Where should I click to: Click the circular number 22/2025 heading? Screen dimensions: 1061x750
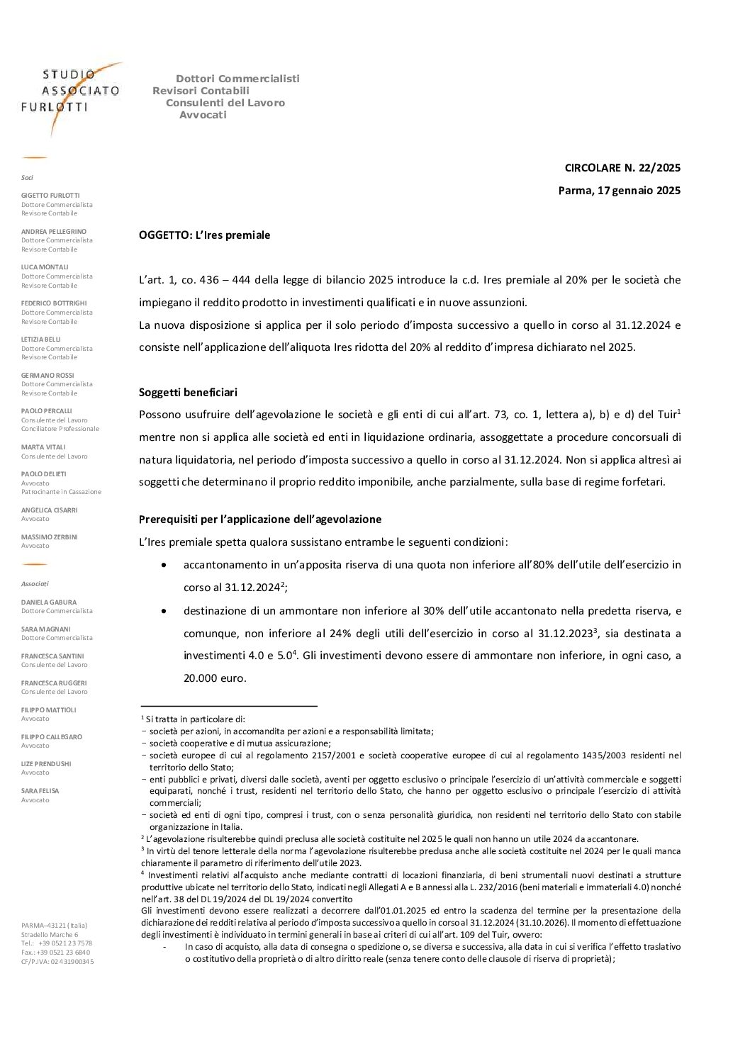coord(622,168)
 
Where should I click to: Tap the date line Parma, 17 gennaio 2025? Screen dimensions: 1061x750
coord(619,190)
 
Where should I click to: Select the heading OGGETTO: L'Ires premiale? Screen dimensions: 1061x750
coord(204,235)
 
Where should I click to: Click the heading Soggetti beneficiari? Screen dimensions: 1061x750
coord(188,392)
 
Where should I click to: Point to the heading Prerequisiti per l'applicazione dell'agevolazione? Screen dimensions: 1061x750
coord(259,519)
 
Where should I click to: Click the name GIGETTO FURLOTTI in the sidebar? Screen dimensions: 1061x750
coord(50,195)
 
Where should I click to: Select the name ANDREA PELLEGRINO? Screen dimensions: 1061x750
coord(54,231)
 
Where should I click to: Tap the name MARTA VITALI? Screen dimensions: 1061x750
coord(43,447)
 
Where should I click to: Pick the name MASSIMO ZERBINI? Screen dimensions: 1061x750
coord(50,537)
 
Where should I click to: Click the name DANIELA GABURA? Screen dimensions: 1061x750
coord(49,602)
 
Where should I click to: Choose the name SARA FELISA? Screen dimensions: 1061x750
coord(40,790)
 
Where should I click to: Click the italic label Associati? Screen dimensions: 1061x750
coord(35,583)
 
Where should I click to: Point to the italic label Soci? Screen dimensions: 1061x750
coord(27,177)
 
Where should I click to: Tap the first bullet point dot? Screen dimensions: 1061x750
coord(164,565)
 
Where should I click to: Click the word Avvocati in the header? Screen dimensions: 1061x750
coord(203,114)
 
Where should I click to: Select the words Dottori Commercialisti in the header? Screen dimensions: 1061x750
coord(237,78)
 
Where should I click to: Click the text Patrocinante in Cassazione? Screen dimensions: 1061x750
coord(61,492)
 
